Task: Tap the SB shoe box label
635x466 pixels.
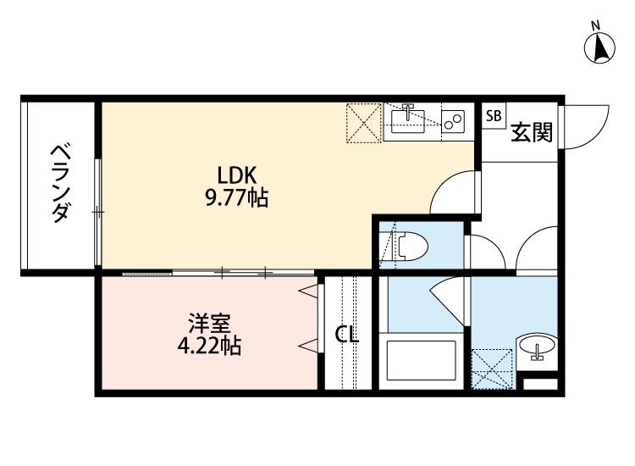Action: click(494, 116)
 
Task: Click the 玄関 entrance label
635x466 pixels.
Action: click(532, 132)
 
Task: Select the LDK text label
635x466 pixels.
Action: click(237, 175)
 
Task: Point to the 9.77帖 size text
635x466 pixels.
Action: click(237, 198)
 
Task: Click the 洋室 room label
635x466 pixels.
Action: click(209, 323)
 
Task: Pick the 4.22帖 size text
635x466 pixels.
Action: click(209, 346)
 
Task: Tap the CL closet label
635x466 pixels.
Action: click(347, 335)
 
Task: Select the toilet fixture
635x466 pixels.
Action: click(410, 246)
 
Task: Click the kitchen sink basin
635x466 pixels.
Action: click(408, 121)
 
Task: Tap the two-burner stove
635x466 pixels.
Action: click(453, 121)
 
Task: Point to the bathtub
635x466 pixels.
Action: click(421, 361)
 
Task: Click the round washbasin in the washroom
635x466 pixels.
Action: click(537, 347)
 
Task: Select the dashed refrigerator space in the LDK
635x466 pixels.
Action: click(364, 123)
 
